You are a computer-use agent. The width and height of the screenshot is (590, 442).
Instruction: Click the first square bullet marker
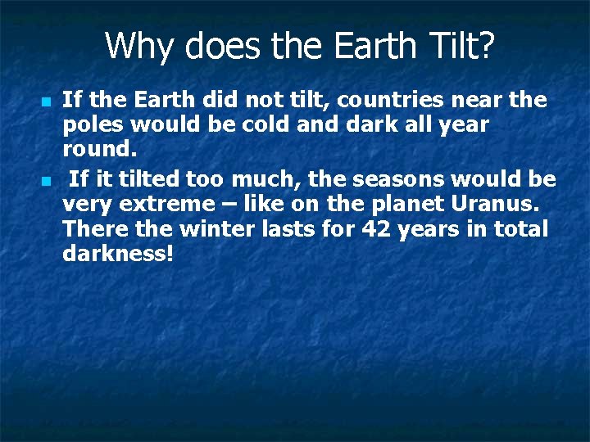[46, 101]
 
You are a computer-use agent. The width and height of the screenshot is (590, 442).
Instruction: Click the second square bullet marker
[46, 180]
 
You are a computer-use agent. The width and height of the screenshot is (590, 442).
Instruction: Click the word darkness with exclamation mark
[118, 255]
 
